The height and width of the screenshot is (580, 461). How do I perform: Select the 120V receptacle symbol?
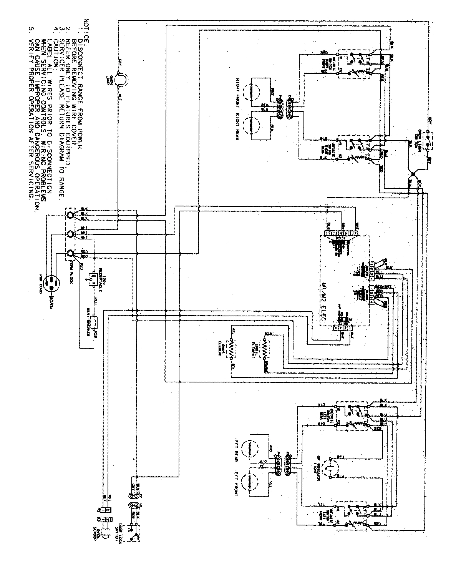coord(93,277)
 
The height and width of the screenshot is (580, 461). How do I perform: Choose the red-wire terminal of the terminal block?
coord(70,253)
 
